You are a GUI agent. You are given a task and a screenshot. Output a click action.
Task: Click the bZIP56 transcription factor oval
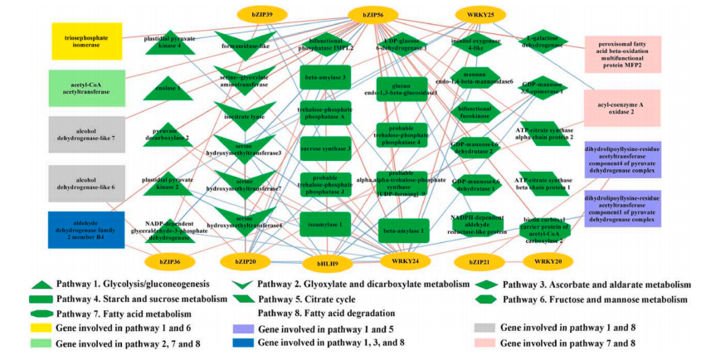click(377, 13)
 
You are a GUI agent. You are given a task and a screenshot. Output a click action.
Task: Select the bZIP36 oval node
click(169, 261)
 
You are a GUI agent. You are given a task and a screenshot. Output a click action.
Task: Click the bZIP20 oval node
click(245, 261)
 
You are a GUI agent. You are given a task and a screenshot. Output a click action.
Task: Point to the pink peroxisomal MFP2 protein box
click(622, 54)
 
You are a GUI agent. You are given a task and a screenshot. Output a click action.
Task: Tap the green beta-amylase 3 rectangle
click(325, 77)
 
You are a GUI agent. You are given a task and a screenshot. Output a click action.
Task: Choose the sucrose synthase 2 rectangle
click(325, 149)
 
